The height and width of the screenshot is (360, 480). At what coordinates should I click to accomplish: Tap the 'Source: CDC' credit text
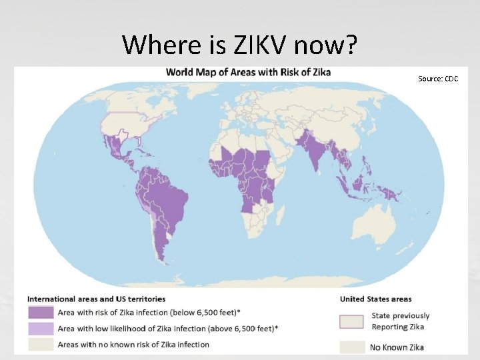click(x=438, y=79)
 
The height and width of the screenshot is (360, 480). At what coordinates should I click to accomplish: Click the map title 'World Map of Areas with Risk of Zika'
click(x=248, y=71)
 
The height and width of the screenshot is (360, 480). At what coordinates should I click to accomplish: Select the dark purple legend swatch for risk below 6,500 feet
click(x=40, y=312)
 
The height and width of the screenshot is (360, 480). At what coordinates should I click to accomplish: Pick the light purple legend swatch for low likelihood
click(x=40, y=328)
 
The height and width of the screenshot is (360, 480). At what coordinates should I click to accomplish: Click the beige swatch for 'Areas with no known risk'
click(x=40, y=345)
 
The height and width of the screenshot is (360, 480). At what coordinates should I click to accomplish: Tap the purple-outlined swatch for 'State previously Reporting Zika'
click(x=351, y=321)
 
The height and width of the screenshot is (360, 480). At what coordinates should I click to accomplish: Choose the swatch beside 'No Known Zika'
click(x=351, y=347)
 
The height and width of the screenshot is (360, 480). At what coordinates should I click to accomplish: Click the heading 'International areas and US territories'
click(x=96, y=299)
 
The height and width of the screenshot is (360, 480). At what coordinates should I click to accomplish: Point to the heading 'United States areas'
click(x=375, y=299)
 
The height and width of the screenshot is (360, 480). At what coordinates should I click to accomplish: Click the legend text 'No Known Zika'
click(x=397, y=347)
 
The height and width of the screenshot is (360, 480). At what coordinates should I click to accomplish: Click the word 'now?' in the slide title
click(x=326, y=45)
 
